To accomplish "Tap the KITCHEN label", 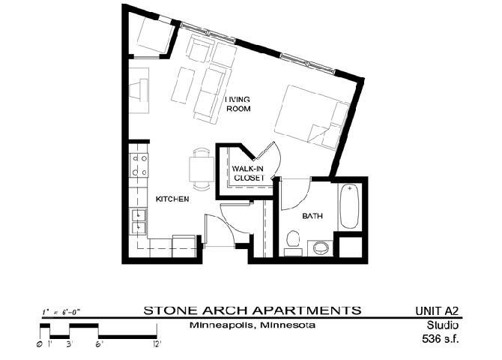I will tap(172, 199).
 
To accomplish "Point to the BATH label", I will tap(312, 217).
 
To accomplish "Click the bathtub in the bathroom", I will tap(350, 205).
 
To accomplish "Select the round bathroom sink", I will tap(321, 247).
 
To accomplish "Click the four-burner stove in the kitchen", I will tap(139, 164).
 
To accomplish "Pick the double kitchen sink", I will tap(139, 219).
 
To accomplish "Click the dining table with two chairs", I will tap(200, 166).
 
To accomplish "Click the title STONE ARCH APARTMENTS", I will tap(252, 310).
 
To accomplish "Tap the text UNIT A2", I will tap(436, 310).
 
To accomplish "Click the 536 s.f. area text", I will tap(439, 339).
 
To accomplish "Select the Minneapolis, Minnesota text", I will tap(252, 325).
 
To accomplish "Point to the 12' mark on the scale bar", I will tap(156, 343).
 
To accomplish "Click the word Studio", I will tap(443, 325).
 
